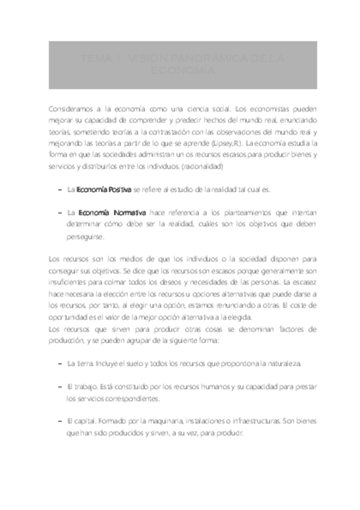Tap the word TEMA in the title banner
93,59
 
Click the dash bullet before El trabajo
60,387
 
